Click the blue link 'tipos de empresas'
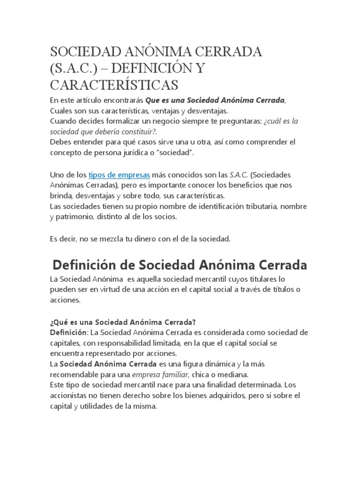pyautogui.click(x=119, y=175)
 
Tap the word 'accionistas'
pyautogui.click(x=68, y=396)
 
